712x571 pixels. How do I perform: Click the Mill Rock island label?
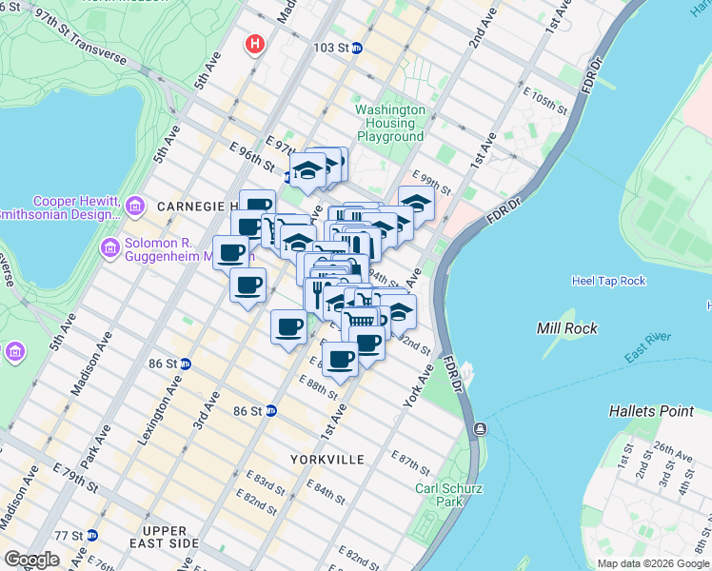(x=567, y=328)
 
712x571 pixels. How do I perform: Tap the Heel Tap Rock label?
(x=608, y=281)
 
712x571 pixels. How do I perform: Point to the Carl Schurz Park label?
(x=439, y=495)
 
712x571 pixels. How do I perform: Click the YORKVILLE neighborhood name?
(x=327, y=460)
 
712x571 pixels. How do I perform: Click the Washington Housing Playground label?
(x=389, y=123)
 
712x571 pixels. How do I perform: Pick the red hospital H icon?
(x=254, y=44)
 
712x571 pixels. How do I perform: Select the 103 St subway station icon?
(x=357, y=48)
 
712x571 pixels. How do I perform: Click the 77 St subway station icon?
(x=90, y=535)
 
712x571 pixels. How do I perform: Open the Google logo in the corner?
(x=31, y=560)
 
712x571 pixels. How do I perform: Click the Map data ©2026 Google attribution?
(x=653, y=563)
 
